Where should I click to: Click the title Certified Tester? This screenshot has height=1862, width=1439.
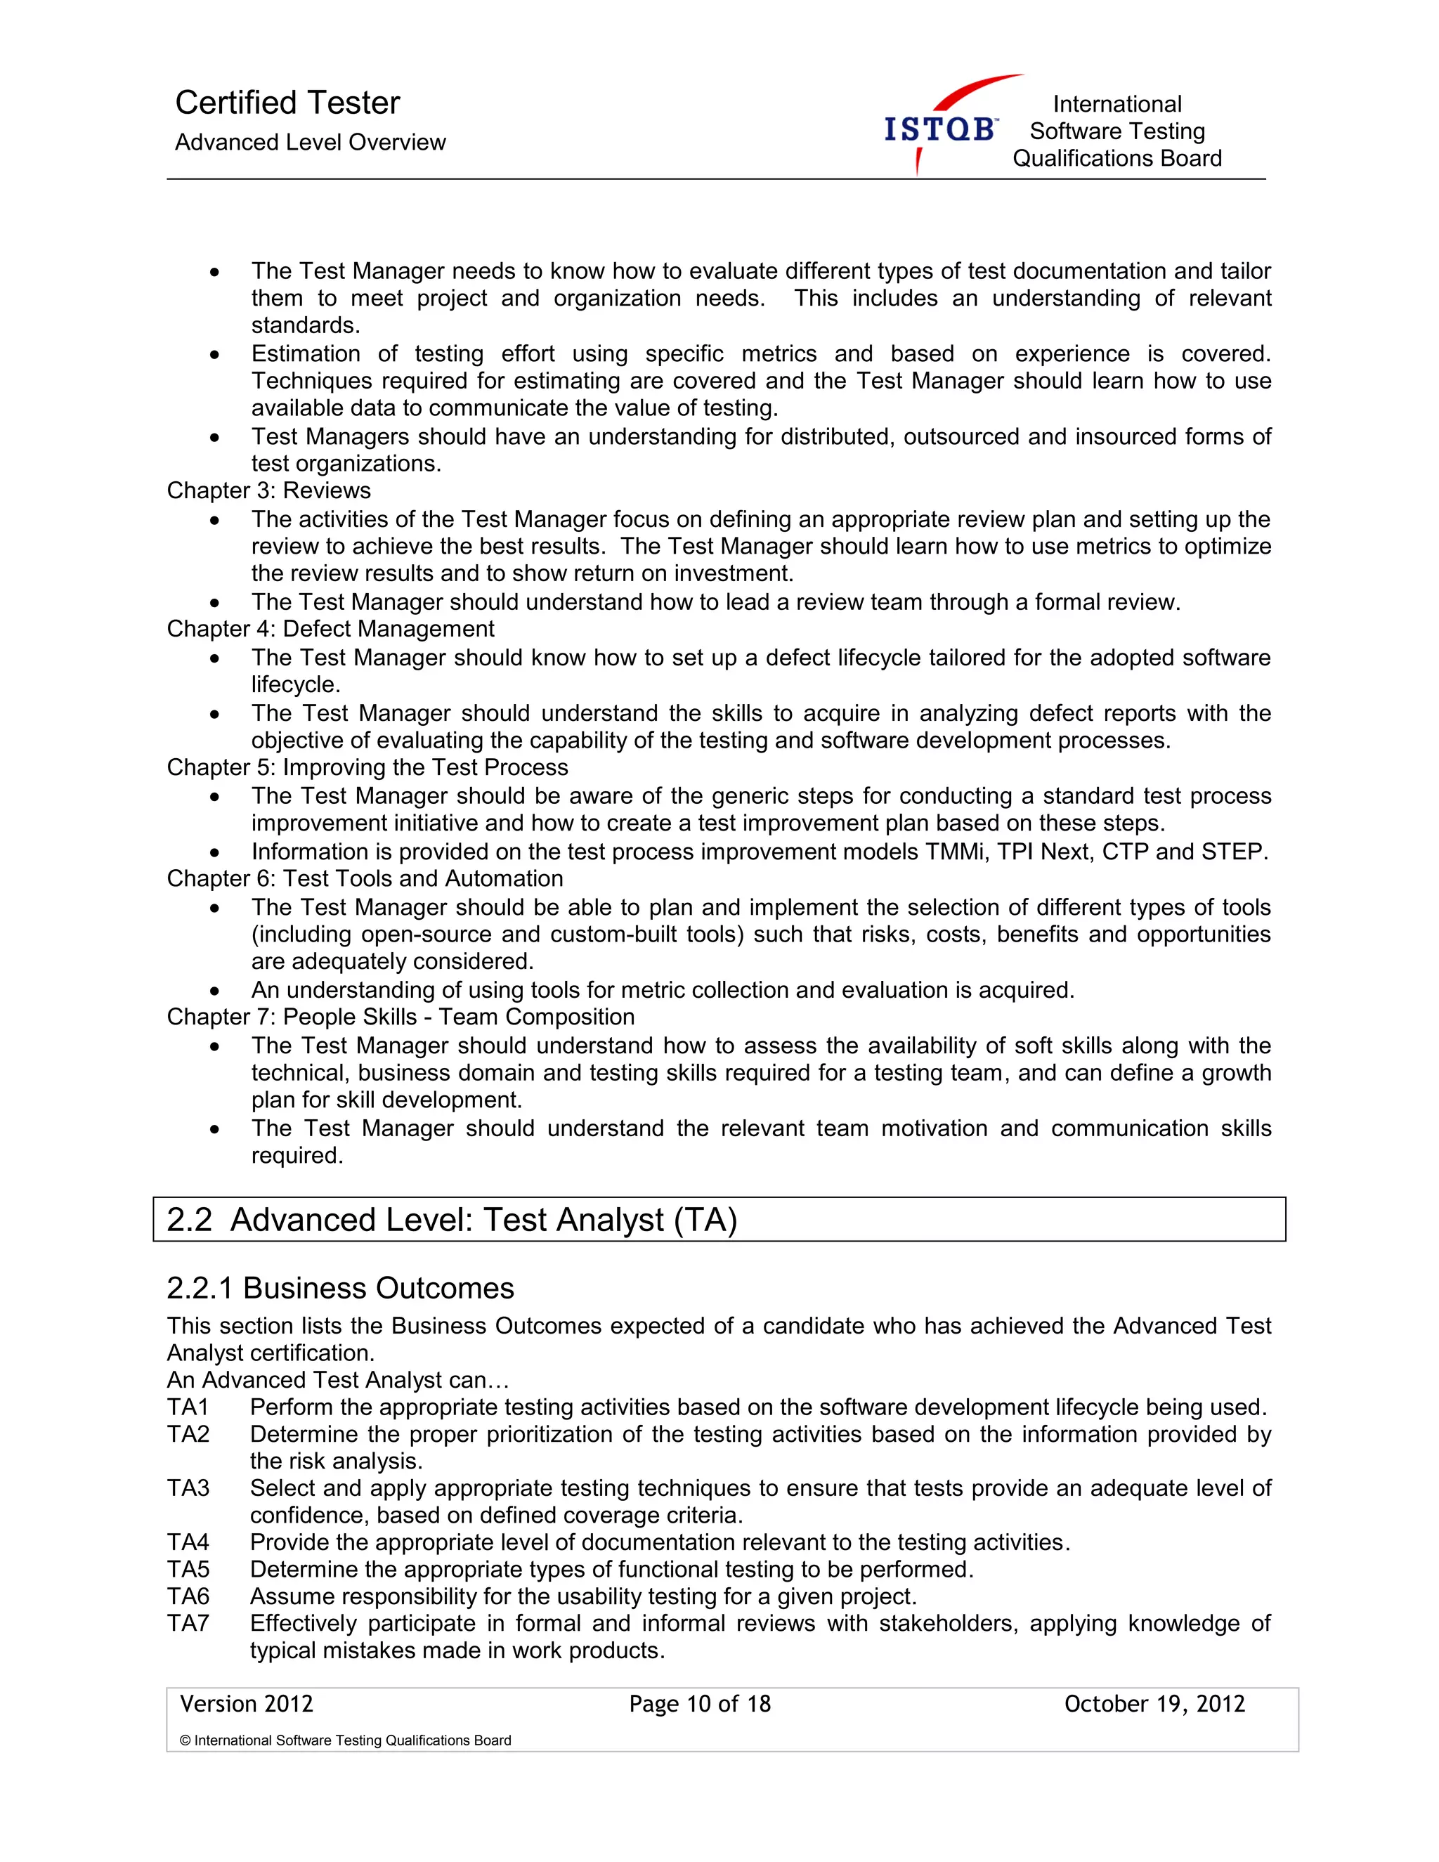287,103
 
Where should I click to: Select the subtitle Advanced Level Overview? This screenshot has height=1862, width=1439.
311,143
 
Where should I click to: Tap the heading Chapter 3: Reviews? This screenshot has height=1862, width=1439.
268,490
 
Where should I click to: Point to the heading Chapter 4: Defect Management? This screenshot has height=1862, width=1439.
330,628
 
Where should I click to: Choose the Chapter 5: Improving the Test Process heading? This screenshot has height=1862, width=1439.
367,767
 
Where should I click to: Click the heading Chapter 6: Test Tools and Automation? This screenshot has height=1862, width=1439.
364,878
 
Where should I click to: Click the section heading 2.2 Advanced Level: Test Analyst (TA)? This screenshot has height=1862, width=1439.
452,1219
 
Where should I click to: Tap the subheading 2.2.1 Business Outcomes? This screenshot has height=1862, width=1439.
340,1287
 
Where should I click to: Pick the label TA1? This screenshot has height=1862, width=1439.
188,1407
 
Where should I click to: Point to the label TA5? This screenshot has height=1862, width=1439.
188,1569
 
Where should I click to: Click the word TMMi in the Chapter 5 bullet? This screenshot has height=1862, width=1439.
955,852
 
